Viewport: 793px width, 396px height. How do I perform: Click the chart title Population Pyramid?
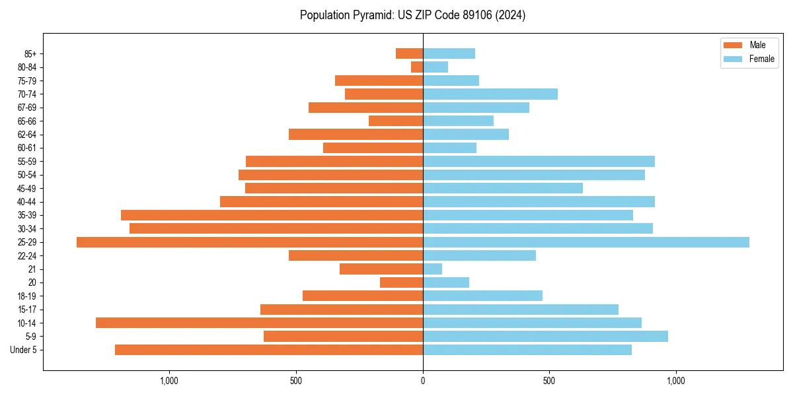[x=412, y=15]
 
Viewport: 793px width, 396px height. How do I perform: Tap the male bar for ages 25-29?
[x=250, y=242]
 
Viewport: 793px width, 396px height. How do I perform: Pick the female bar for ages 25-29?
[x=585, y=242]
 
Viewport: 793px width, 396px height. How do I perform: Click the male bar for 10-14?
[x=259, y=323]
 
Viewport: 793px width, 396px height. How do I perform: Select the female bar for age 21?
[x=433, y=269]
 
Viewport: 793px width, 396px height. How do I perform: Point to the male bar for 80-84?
[x=417, y=67]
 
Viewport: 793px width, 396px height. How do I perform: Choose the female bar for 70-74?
[x=490, y=94]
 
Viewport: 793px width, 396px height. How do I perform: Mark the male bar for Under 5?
[x=269, y=350]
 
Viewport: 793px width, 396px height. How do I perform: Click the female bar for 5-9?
[x=545, y=336]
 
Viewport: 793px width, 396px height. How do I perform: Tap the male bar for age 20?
[x=401, y=282]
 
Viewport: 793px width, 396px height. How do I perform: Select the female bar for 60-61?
[x=449, y=148]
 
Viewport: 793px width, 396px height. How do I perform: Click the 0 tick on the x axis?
[x=423, y=381]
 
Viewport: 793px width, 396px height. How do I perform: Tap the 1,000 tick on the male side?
[x=170, y=381]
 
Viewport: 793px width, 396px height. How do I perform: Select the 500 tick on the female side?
[x=548, y=381]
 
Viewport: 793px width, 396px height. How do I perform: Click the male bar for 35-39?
[x=272, y=215]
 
